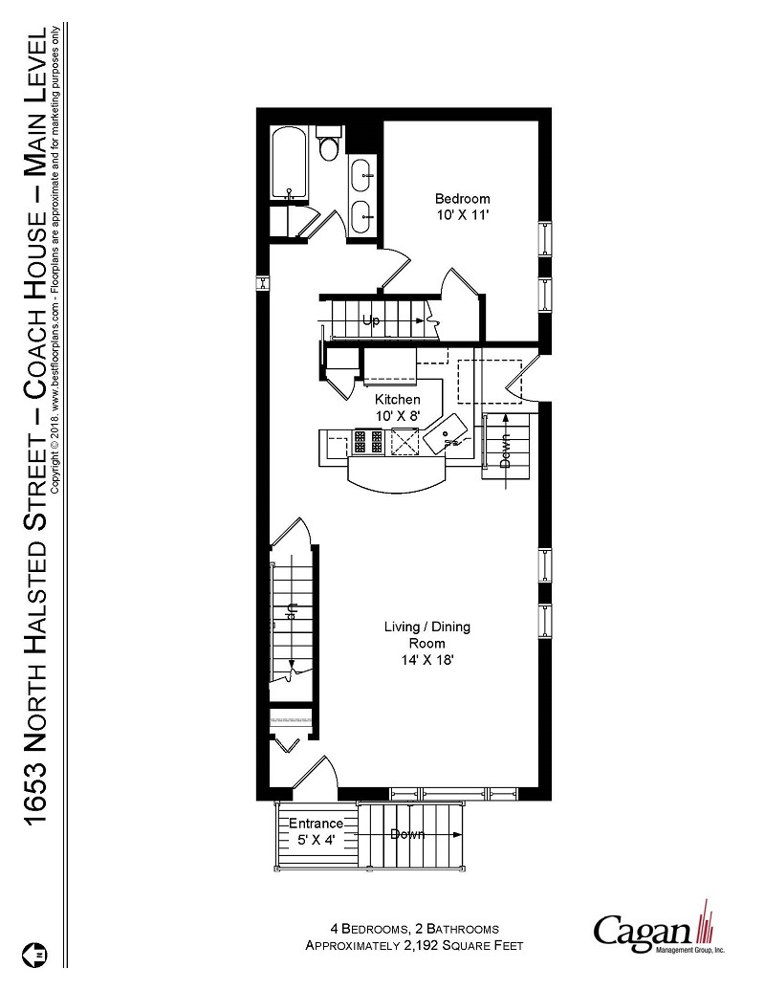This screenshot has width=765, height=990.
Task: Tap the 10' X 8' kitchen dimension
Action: coord(397,415)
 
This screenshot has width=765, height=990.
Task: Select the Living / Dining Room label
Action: coord(426,635)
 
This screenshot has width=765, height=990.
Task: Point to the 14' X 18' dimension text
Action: coord(426,660)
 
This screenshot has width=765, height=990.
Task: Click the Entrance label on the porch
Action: coord(316,824)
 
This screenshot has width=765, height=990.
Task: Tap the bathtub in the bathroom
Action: coord(288,164)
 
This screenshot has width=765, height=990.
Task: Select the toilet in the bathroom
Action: coord(328,146)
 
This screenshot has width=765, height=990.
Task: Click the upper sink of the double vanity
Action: coord(363,174)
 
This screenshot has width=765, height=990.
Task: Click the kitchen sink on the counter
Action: coord(448,438)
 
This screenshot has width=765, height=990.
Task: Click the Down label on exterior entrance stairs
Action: coord(407,835)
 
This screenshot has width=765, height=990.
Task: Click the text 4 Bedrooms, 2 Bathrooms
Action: coord(413,929)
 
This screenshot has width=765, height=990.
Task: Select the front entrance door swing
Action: coord(316,775)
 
